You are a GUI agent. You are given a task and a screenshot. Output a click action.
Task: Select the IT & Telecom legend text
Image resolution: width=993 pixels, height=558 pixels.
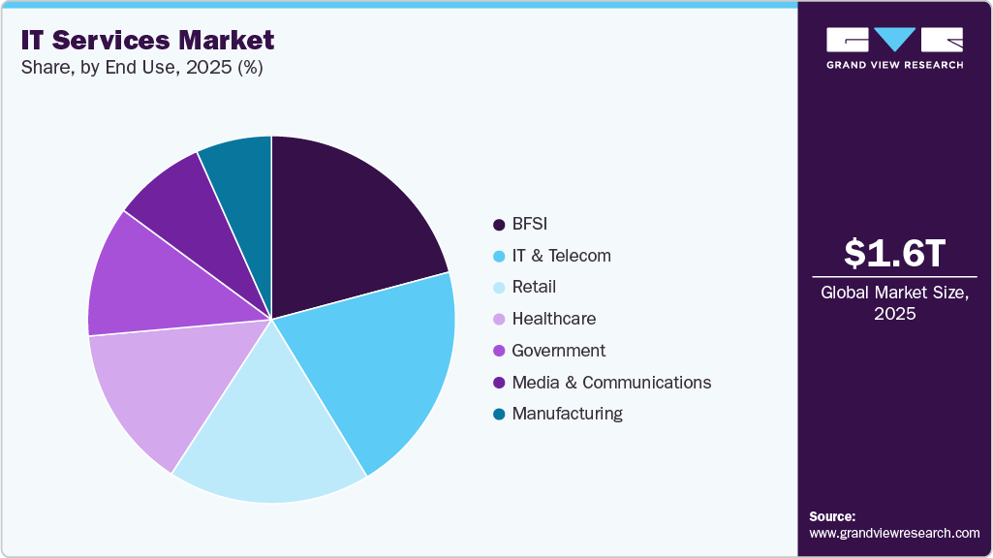coord(561,256)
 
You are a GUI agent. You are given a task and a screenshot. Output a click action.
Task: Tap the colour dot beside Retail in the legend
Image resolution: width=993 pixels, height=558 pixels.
coord(499,288)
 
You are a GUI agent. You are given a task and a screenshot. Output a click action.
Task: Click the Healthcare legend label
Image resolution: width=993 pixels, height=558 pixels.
coord(553,319)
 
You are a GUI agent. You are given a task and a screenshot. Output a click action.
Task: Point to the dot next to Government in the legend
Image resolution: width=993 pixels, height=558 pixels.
coord(499,351)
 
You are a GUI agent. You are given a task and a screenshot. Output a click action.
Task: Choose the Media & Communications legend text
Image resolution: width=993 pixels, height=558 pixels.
coord(611,382)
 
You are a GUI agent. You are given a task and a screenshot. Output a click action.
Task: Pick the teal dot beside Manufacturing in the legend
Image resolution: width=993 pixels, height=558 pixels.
coord(499,414)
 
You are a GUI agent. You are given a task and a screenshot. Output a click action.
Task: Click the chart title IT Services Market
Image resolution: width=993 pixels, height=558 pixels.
coord(145,40)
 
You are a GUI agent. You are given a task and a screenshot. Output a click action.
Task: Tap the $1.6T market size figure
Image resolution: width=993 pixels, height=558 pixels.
coord(894,253)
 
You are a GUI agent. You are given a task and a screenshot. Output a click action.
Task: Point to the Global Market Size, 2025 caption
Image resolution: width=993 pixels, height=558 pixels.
coord(894,303)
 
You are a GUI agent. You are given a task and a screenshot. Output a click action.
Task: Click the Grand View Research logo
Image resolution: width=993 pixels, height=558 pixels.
coord(894,47)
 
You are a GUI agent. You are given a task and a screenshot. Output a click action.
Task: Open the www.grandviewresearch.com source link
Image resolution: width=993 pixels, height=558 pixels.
coord(894,533)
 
